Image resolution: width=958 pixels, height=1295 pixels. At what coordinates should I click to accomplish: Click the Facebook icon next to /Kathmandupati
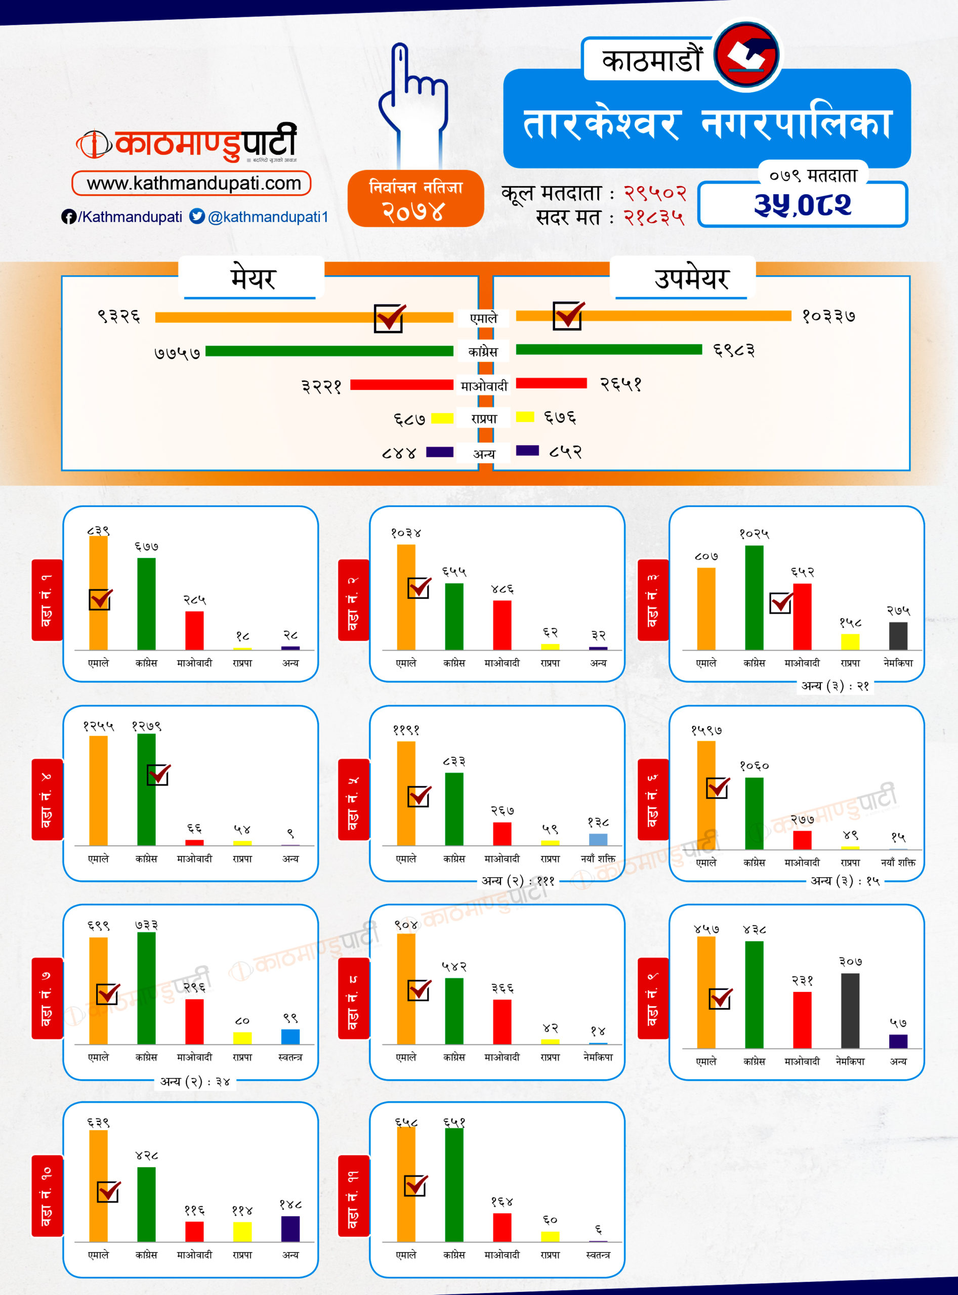[x=68, y=217]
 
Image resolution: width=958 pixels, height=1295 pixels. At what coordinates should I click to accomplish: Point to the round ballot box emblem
[x=746, y=55]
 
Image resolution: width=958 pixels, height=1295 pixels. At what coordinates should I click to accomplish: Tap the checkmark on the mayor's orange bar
[x=389, y=318]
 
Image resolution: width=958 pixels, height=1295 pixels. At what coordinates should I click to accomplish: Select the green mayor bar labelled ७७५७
[x=329, y=351]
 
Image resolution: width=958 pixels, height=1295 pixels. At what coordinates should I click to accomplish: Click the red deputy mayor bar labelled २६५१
[x=551, y=383]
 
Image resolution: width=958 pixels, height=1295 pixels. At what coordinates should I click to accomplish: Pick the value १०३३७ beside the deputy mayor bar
[x=828, y=316]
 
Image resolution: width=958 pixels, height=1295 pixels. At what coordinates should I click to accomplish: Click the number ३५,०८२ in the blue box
[x=802, y=205]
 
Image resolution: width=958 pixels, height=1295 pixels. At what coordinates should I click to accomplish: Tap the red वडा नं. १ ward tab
[x=47, y=600]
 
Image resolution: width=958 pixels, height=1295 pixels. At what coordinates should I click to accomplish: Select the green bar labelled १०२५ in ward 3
[x=754, y=597]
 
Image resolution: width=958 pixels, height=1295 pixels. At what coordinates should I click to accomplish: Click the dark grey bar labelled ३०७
[x=850, y=1010]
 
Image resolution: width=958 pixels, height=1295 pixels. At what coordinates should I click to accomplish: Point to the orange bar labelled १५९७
[x=706, y=795]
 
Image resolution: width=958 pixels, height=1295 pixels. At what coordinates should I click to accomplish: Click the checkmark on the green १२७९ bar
[x=158, y=774]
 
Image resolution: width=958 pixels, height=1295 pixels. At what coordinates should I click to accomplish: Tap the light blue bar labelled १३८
[x=598, y=839]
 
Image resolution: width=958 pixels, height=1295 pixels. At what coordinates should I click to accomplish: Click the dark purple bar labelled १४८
[x=290, y=1228]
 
